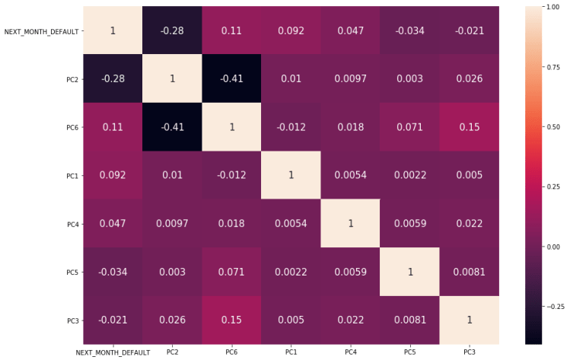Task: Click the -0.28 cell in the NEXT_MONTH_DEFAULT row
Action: click(x=172, y=30)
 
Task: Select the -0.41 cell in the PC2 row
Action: click(x=231, y=78)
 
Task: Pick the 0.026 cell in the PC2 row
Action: click(x=469, y=78)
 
